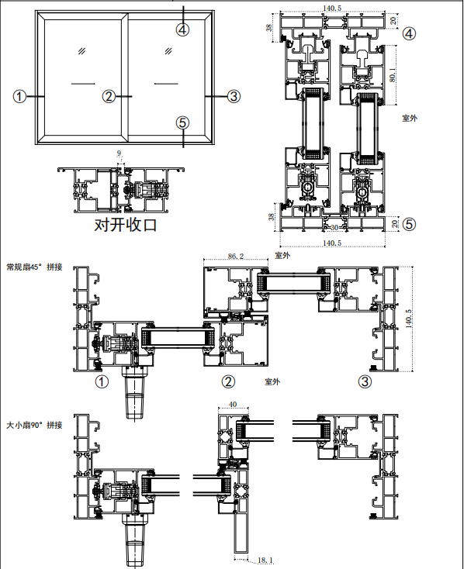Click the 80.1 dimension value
393,74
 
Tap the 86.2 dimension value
236,256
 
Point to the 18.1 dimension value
265,560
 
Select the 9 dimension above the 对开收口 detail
119,153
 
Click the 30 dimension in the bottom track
334,228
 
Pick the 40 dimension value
233,404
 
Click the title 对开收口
126,225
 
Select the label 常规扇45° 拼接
34,267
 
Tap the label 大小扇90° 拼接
34,425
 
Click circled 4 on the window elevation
183,29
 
